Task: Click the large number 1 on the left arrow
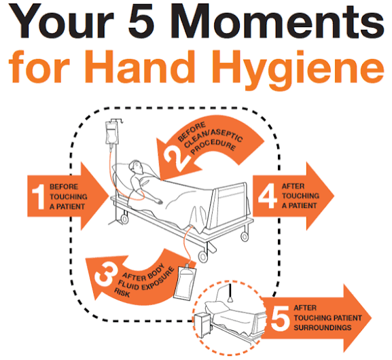(x=38, y=197)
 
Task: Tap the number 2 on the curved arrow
(x=176, y=158)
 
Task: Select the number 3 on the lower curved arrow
(x=107, y=275)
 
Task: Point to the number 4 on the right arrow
(x=268, y=196)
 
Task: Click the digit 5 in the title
(x=141, y=21)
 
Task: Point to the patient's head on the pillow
(x=137, y=167)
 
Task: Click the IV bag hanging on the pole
(x=111, y=133)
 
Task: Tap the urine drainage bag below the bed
(x=185, y=283)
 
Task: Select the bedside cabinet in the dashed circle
(x=202, y=324)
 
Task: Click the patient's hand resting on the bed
(x=159, y=201)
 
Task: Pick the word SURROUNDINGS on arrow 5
(x=323, y=327)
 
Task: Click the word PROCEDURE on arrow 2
(x=213, y=146)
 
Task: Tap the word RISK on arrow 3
(x=122, y=293)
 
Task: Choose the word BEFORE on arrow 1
(x=64, y=187)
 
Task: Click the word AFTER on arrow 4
(x=293, y=186)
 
